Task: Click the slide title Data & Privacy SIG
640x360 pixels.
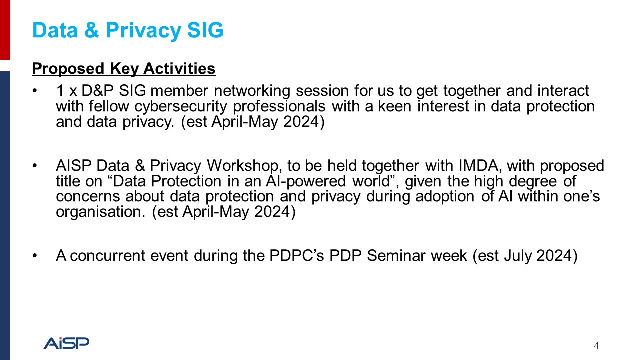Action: click(x=127, y=30)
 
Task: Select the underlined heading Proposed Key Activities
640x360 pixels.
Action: click(x=123, y=69)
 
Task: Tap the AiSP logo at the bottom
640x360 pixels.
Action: click(x=66, y=343)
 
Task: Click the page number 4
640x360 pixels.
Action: click(x=596, y=346)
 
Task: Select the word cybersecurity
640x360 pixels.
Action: click(x=181, y=107)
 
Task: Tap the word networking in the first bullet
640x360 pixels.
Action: click(x=252, y=91)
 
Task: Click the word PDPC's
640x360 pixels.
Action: click(x=296, y=255)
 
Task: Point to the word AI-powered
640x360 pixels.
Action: click(x=305, y=181)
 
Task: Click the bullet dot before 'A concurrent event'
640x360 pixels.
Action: click(x=35, y=255)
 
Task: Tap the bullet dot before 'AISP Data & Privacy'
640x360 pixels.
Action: click(x=35, y=166)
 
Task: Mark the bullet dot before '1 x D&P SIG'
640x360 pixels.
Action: click(x=35, y=91)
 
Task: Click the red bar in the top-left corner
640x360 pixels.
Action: click(x=5, y=30)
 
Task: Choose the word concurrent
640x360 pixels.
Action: click(x=107, y=256)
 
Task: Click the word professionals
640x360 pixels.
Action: click(x=279, y=107)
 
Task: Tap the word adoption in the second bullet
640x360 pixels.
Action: click(x=445, y=197)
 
